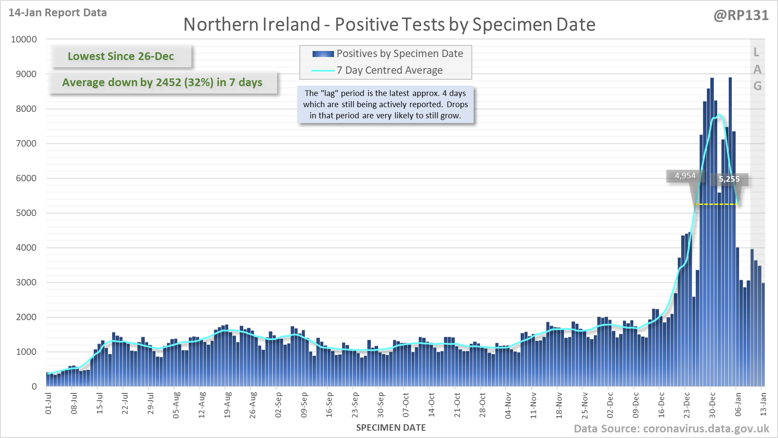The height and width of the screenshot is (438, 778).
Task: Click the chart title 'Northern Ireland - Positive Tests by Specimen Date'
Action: [x=389, y=24]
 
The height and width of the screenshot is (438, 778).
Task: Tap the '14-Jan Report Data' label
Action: [x=57, y=13]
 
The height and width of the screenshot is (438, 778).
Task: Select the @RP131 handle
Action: [x=741, y=15]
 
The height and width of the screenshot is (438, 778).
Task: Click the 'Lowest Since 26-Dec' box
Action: [x=121, y=56]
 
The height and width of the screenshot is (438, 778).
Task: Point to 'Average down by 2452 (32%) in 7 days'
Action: [x=162, y=82]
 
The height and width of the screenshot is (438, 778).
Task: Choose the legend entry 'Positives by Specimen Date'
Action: [x=399, y=54]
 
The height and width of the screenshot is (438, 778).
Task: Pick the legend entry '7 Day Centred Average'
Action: [x=389, y=70]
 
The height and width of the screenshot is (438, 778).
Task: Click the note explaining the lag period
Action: [x=385, y=104]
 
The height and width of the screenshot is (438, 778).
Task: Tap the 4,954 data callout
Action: [x=685, y=176]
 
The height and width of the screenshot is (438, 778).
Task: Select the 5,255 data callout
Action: [x=729, y=179]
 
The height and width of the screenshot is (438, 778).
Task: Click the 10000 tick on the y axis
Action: [x=24, y=39]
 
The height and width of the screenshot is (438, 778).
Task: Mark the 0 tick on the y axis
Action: [x=34, y=387]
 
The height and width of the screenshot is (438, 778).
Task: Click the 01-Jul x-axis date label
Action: [x=48, y=403]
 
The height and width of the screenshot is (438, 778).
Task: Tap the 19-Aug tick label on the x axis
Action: [x=227, y=405]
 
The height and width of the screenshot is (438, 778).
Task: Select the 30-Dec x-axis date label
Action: [x=712, y=405]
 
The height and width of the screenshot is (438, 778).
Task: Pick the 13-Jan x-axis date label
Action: [x=763, y=403]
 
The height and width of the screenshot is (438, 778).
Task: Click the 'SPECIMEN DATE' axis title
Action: [x=390, y=428]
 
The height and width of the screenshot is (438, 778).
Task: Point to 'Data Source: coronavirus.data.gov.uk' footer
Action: [x=671, y=429]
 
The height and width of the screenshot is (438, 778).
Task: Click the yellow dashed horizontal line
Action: [x=716, y=204]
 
